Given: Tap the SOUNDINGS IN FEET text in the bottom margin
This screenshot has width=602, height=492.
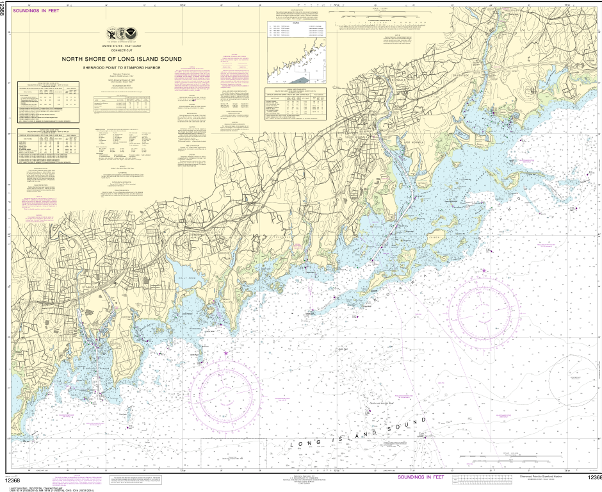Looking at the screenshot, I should tap(421, 477).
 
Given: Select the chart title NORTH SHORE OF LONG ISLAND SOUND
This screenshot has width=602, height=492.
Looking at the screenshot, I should tap(122, 59).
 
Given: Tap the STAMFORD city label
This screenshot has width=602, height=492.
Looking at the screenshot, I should tap(92, 288).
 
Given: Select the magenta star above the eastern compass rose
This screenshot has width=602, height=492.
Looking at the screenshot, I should tap(484, 271).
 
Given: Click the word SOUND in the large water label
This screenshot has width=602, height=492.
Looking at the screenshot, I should tap(405, 427).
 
